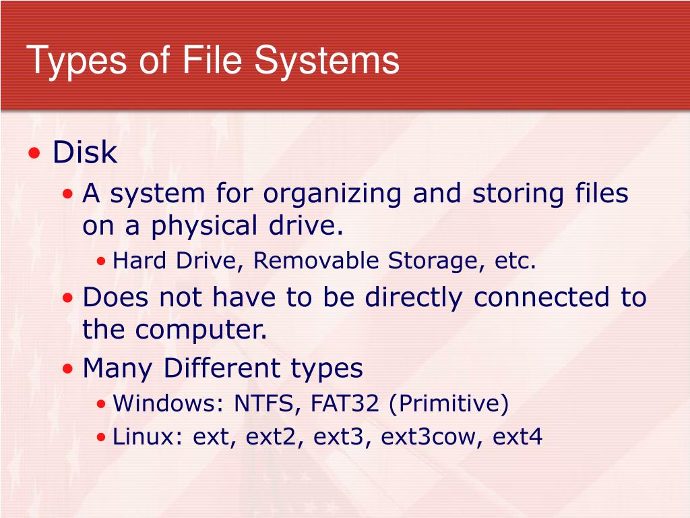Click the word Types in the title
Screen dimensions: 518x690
pos(76,60)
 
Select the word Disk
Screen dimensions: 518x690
pos(85,152)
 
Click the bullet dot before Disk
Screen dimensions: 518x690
pos(34,154)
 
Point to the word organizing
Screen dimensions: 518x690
pos(334,194)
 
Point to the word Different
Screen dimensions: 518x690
pos(224,368)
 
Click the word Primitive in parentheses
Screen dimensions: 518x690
pos(447,404)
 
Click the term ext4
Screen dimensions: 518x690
pos(517,438)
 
